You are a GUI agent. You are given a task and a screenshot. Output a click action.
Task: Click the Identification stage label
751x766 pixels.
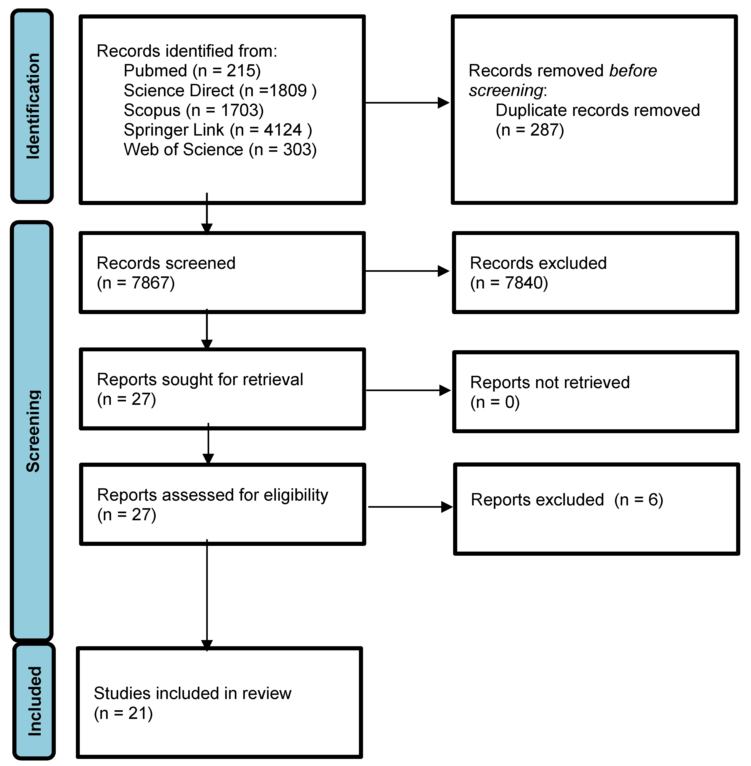coord(32,106)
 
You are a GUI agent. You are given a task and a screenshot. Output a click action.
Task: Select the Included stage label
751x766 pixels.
coord(34,701)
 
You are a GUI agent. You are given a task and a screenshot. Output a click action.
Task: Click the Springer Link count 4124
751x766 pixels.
coord(283,130)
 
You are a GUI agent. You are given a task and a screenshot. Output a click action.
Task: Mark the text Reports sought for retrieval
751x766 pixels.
coord(200,379)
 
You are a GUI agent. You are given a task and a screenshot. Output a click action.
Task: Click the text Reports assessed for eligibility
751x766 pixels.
coord(213,495)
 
